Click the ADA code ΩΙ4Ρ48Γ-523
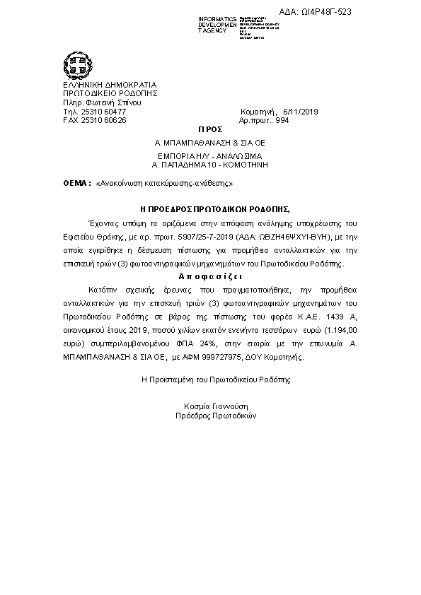(325, 12)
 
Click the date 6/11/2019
(301, 112)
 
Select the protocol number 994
(282, 120)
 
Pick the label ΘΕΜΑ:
(77, 183)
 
